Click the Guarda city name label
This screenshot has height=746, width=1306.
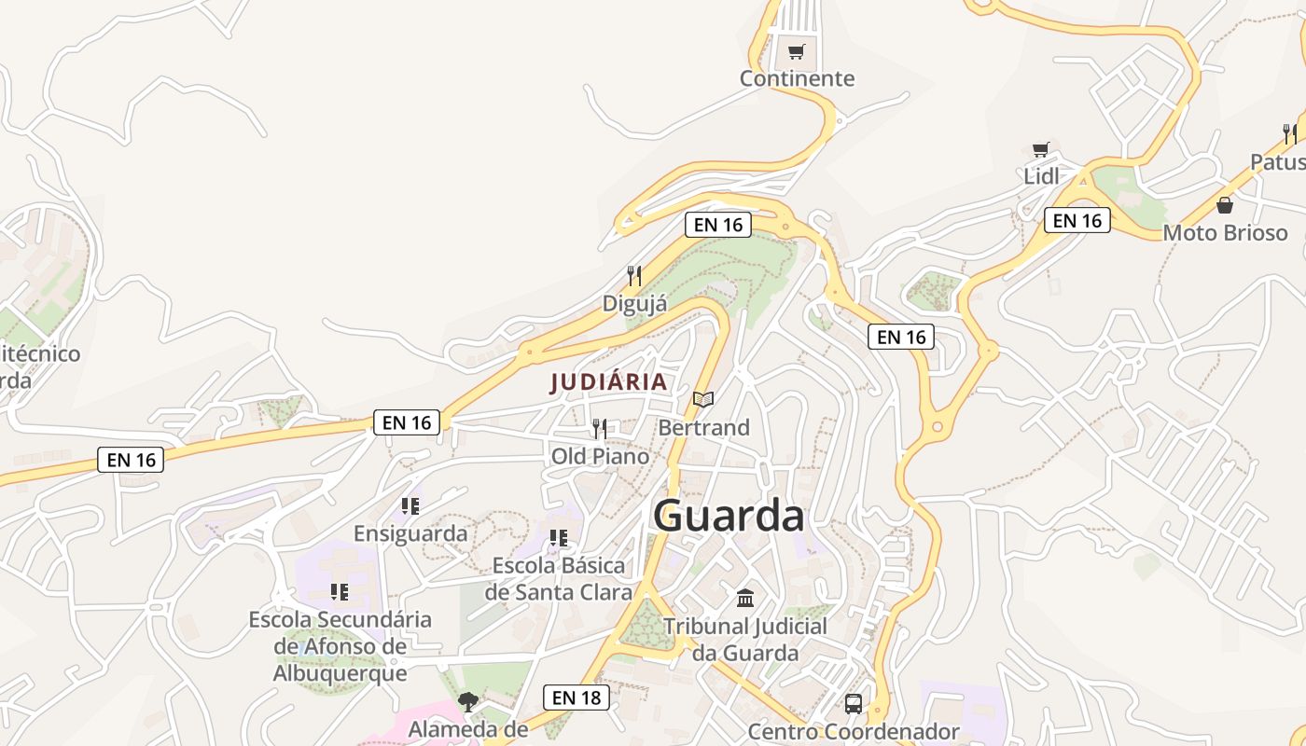(x=729, y=516)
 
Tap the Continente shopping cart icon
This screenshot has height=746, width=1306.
(x=796, y=52)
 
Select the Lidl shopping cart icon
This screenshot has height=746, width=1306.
(x=1041, y=149)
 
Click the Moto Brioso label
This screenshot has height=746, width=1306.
(x=1225, y=233)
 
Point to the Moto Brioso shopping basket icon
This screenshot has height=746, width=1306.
(x=1225, y=205)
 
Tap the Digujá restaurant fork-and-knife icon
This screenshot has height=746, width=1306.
(x=634, y=276)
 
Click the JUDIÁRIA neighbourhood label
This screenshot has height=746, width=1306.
(x=609, y=382)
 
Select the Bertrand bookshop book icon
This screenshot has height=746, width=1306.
(x=703, y=400)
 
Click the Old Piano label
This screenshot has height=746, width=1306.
(x=600, y=456)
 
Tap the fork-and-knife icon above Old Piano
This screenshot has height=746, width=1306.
(x=600, y=429)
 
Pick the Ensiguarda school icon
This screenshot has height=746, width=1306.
(x=410, y=506)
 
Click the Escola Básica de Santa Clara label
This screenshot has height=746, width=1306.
(x=558, y=579)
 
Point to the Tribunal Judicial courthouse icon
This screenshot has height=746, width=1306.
(x=745, y=598)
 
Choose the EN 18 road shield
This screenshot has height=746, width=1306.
(x=577, y=698)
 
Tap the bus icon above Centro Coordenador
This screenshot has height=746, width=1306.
(x=854, y=704)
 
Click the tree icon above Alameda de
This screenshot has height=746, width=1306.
(x=468, y=702)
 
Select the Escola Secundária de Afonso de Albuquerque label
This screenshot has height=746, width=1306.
(x=340, y=646)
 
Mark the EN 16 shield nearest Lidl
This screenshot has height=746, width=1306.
(x=1077, y=221)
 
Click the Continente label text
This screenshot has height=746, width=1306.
(x=797, y=78)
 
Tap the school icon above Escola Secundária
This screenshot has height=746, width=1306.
(x=340, y=592)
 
